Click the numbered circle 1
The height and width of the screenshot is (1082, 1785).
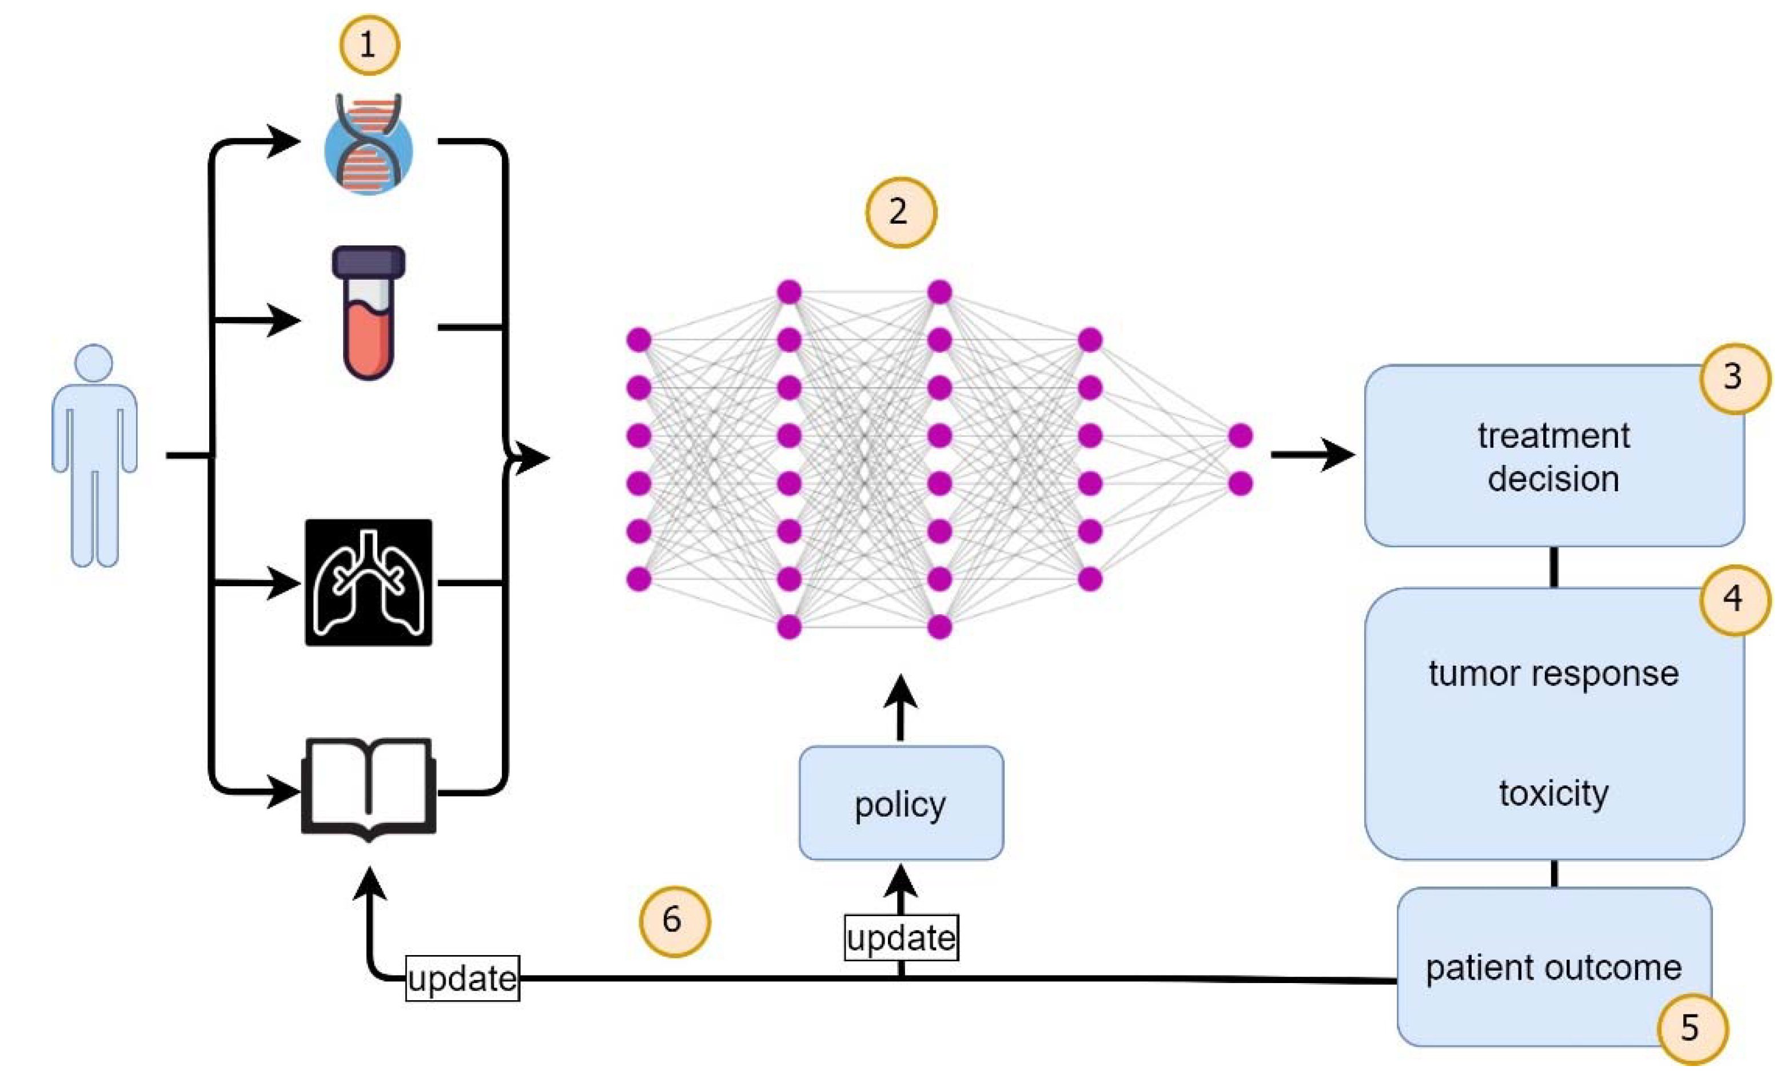click(x=369, y=46)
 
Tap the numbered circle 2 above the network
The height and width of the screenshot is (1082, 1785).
click(x=901, y=212)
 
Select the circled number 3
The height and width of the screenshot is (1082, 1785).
click(x=1733, y=377)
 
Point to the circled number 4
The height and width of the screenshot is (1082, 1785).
click(x=1733, y=599)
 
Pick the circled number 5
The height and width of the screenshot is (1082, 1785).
click(x=1691, y=1028)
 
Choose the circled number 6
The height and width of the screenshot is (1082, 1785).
click(x=674, y=920)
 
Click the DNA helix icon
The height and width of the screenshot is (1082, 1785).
click(x=369, y=145)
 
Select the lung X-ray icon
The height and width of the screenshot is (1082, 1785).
click(x=369, y=582)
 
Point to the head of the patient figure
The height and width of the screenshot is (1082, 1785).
click(x=94, y=363)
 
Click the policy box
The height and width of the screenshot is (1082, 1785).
click(x=901, y=803)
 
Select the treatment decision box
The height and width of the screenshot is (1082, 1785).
click(x=1553, y=456)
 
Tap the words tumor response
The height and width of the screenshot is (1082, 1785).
click(x=1553, y=674)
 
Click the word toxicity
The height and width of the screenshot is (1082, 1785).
click(x=1553, y=794)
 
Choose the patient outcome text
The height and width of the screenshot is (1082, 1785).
click(x=1553, y=968)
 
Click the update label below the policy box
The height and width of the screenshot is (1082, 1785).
click(x=901, y=938)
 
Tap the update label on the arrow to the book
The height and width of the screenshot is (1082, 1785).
click(x=462, y=978)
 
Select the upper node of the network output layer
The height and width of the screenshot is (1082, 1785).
click(x=1240, y=436)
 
